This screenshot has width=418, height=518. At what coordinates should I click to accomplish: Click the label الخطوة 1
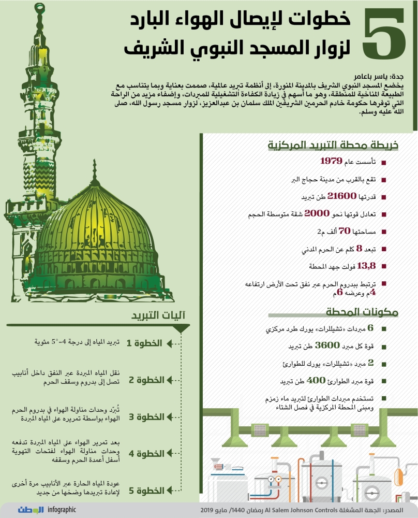click(145, 343)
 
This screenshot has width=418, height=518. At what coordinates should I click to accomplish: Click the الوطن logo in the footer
click(32, 510)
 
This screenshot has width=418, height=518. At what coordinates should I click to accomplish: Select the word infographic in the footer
click(62, 510)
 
